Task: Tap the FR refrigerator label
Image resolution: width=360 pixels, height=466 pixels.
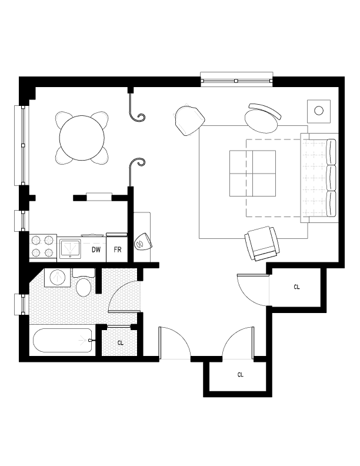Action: tap(118, 249)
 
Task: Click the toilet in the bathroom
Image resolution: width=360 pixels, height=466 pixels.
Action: tap(84, 285)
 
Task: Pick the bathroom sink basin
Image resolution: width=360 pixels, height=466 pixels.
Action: tap(57, 277)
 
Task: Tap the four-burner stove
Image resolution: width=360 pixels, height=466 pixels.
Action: tap(42, 247)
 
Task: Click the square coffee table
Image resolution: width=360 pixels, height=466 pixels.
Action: tap(252, 173)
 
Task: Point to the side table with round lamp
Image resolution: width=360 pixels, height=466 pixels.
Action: tap(320, 110)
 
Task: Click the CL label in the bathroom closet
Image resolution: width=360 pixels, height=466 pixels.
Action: tap(120, 342)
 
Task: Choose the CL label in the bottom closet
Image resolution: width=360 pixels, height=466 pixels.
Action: tap(240, 374)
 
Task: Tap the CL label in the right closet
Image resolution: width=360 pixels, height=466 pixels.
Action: tap(297, 287)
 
